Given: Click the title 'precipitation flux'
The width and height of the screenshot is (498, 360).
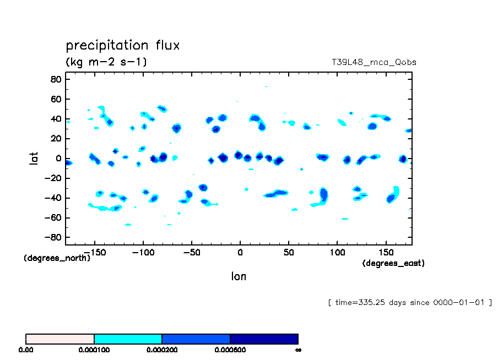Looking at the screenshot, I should tap(122, 45).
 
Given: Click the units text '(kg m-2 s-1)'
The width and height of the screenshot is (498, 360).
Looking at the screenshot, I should tap(106, 62).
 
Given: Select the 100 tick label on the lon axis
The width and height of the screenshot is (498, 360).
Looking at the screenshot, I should tap(337, 252).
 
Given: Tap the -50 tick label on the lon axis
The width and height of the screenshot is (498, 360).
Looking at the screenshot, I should tap(191, 252).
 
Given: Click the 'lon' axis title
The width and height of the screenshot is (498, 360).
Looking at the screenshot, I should tap(239, 276).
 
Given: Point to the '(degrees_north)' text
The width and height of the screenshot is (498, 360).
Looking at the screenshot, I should tap(57, 258).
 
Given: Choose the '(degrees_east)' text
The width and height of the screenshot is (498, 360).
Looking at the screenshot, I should tap(393, 263).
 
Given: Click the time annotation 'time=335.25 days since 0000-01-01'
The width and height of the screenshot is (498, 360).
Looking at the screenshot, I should tap(409, 302).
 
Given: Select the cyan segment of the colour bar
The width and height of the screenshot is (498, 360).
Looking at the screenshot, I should tap(128, 339).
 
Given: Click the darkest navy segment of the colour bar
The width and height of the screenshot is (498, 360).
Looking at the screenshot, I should tap(264, 339).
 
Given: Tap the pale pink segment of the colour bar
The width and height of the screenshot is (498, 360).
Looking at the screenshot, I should tap(60, 339).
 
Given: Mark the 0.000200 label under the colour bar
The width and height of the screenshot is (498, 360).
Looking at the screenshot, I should tap(162, 350).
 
